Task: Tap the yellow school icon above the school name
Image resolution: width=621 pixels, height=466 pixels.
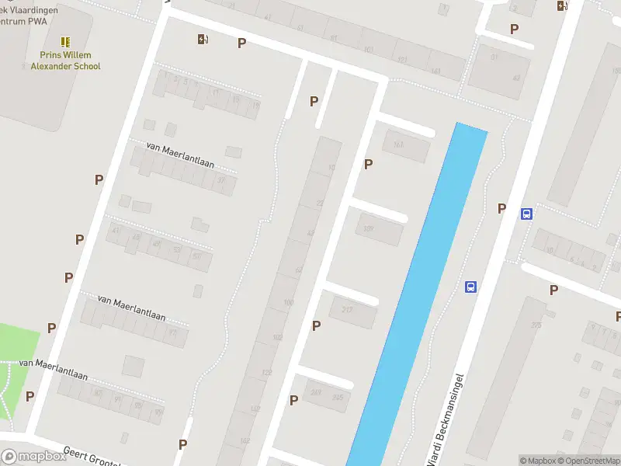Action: pos(65,41)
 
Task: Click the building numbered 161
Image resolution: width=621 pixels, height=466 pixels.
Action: pos(399,144)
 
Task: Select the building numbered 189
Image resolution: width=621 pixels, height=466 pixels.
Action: pos(369,228)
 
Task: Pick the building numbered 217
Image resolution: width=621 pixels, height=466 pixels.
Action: pos(347,309)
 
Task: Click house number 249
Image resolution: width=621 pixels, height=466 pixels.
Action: pos(315,391)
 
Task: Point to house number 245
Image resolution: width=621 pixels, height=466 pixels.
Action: pos(338,398)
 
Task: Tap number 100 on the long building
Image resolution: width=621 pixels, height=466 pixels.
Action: pos(289,302)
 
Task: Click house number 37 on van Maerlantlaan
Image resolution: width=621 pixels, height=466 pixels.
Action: pos(224,181)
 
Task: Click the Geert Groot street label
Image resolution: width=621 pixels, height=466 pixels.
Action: pos(89,457)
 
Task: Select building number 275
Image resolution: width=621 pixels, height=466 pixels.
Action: pos(536,325)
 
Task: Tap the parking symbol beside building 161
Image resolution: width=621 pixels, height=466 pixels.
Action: pos(369,164)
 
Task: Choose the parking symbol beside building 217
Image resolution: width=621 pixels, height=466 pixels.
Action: pos(316,325)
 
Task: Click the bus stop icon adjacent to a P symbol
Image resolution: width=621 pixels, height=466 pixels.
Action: pos(526,214)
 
